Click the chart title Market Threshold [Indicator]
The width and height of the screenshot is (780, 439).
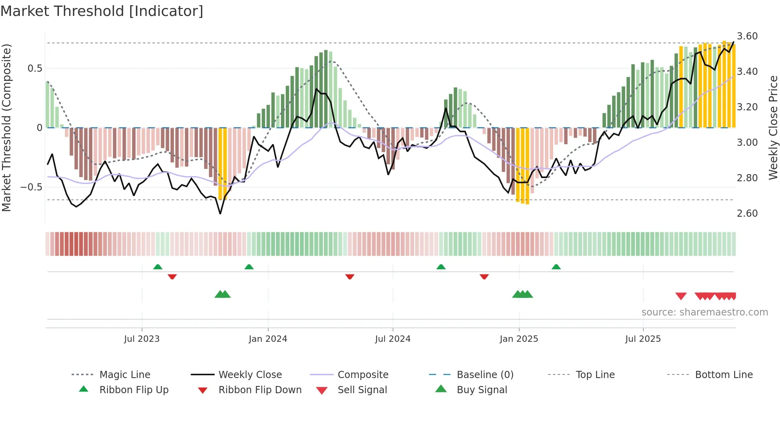[x=102, y=11]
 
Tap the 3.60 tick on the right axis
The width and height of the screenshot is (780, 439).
[x=747, y=36]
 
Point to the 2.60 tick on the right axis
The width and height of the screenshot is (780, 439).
[x=747, y=214]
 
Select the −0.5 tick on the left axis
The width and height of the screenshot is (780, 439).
[x=31, y=187]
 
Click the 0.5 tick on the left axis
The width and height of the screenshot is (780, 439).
[x=35, y=69]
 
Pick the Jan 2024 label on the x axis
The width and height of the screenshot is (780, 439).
[x=268, y=339]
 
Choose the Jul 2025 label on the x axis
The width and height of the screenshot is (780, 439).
[x=643, y=339]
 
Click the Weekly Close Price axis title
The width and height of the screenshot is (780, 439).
[x=773, y=127]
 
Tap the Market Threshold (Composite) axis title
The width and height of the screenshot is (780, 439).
[x=6, y=127]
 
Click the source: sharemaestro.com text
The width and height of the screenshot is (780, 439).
[x=704, y=312]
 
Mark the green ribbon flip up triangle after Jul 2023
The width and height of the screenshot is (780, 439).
[x=158, y=267]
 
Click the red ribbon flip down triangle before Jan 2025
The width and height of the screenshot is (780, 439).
[x=484, y=276]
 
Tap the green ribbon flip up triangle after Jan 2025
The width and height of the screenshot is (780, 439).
[x=556, y=267]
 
